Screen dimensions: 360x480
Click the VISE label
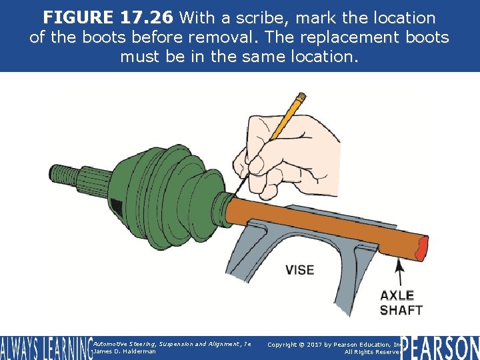[x=299, y=270]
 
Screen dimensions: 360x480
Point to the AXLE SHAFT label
[x=401, y=303]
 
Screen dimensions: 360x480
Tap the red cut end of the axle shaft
[x=421, y=250]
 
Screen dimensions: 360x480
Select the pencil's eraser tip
[x=302, y=97]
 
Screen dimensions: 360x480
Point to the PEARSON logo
[x=439, y=347]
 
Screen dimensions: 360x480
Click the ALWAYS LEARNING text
[x=45, y=348]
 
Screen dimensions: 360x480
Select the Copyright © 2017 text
[x=313, y=344]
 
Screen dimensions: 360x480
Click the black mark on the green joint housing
[x=117, y=207]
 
